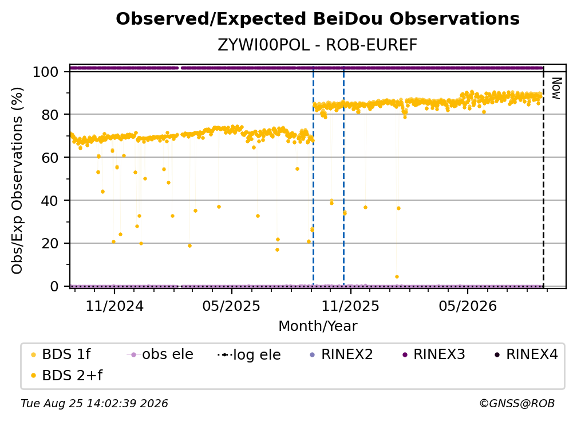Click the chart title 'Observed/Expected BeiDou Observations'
[318, 19]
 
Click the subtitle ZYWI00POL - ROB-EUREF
[318, 45]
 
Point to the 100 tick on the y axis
[45, 72]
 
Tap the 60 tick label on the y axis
[50, 157]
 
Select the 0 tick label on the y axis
[54, 286]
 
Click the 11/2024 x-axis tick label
[114, 306]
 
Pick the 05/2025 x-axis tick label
[231, 306]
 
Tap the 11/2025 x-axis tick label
[350, 306]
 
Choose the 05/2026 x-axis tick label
[467, 306]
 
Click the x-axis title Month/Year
[318, 326]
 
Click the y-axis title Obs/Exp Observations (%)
[17, 181]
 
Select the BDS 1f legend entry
[61, 354]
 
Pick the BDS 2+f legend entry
[66, 376]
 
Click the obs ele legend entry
[160, 354]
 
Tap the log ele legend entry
[249, 355]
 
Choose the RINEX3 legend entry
[434, 354]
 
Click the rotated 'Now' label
[556, 88]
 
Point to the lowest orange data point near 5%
[397, 277]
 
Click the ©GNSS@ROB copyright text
[517, 404]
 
